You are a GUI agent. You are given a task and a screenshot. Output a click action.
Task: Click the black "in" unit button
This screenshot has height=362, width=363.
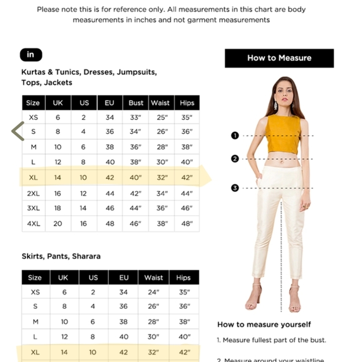click(30, 55)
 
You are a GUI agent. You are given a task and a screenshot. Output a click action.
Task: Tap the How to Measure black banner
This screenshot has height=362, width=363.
click(279, 58)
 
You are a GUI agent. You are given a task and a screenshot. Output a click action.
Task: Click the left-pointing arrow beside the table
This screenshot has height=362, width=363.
click(18, 131)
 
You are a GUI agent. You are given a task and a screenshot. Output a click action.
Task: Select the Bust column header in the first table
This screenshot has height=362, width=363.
click(136, 103)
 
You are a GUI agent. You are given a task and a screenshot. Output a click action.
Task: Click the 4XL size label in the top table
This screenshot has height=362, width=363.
click(33, 224)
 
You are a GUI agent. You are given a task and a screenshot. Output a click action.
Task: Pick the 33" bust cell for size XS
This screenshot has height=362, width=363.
click(136, 118)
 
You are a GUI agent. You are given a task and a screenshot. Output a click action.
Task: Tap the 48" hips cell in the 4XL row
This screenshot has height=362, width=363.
click(187, 224)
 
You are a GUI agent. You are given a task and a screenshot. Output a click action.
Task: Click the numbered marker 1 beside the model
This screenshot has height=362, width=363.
click(235, 135)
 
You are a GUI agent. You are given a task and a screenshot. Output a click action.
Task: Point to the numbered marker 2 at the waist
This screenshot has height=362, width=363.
click(235, 159)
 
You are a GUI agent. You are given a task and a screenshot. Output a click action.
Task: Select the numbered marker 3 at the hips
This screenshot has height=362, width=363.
click(235, 188)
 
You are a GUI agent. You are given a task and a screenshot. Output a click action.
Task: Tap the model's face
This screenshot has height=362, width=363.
click(277, 93)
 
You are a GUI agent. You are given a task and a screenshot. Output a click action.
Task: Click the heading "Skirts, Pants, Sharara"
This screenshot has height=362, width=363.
click(61, 256)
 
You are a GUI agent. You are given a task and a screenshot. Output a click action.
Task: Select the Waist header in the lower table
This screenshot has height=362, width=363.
click(153, 278)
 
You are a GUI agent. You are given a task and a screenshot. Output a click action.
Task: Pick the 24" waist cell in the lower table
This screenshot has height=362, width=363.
click(153, 292)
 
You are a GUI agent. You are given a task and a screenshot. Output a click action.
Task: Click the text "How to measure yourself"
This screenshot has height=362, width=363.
click(264, 324)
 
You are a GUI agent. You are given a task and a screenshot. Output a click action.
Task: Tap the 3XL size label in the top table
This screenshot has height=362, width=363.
click(33, 208)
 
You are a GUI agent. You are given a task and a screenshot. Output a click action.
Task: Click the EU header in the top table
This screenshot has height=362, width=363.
click(110, 103)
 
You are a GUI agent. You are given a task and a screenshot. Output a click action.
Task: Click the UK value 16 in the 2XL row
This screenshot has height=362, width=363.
click(58, 193)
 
